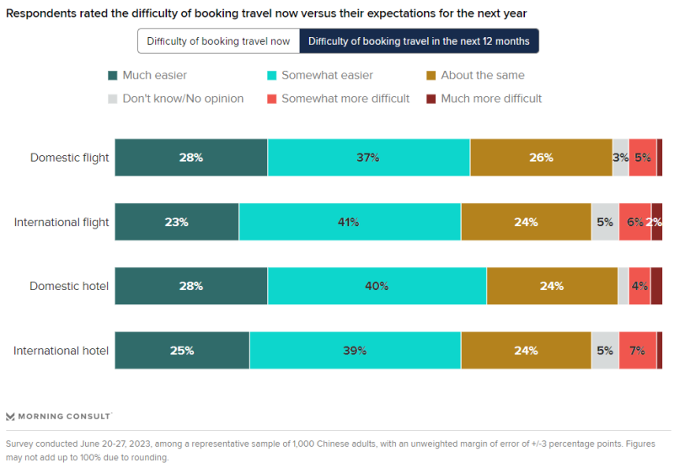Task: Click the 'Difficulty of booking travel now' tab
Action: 218,41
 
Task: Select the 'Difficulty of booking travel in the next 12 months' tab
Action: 419,41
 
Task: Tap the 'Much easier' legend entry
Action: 147,75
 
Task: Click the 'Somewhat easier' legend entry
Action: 319,75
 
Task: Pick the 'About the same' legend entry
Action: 475,75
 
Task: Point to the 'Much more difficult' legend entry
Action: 484,99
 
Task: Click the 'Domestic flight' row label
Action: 70,158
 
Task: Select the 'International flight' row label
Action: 62,222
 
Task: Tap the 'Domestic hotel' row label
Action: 69,286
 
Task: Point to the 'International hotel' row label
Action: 61,350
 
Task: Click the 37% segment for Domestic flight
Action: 368,158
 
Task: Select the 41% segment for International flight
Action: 349,222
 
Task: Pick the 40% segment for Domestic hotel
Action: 376,286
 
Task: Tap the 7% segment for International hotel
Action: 637,350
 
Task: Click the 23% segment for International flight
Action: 177,222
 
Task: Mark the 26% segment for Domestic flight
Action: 541,158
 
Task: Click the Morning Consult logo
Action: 58,416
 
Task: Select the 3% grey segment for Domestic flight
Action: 620,158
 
